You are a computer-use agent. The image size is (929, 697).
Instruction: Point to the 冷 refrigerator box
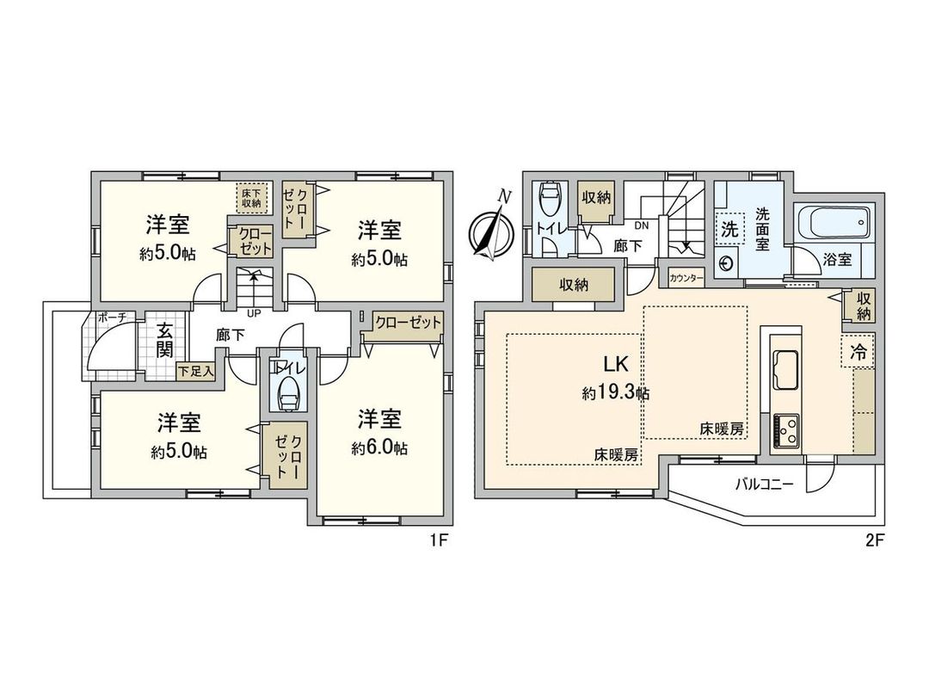click(858, 351)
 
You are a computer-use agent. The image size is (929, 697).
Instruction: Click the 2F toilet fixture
click(549, 204)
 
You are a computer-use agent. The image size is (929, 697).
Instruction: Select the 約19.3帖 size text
click(615, 393)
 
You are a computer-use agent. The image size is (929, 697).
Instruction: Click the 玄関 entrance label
click(164, 342)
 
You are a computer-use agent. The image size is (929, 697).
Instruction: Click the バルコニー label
click(763, 484)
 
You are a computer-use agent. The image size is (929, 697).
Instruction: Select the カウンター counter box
click(686, 278)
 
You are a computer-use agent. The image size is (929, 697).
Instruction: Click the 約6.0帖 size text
click(379, 447)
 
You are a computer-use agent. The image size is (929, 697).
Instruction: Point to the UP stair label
click(253, 311)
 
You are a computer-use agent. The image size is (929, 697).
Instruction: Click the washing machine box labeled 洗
click(729, 230)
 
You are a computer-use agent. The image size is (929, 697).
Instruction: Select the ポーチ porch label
click(112, 318)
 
